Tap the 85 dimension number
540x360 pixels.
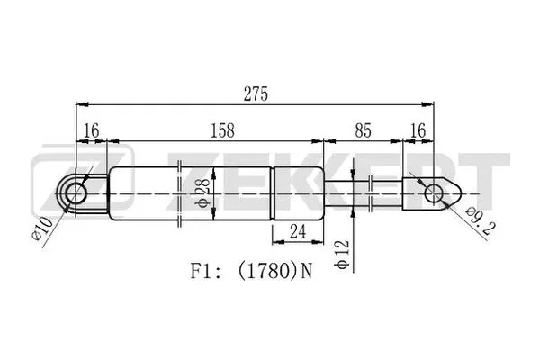362,130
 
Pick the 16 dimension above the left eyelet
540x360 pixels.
90,130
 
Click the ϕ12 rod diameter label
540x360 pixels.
343,252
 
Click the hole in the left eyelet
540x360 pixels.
76,192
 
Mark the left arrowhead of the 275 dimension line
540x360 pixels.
76,104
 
